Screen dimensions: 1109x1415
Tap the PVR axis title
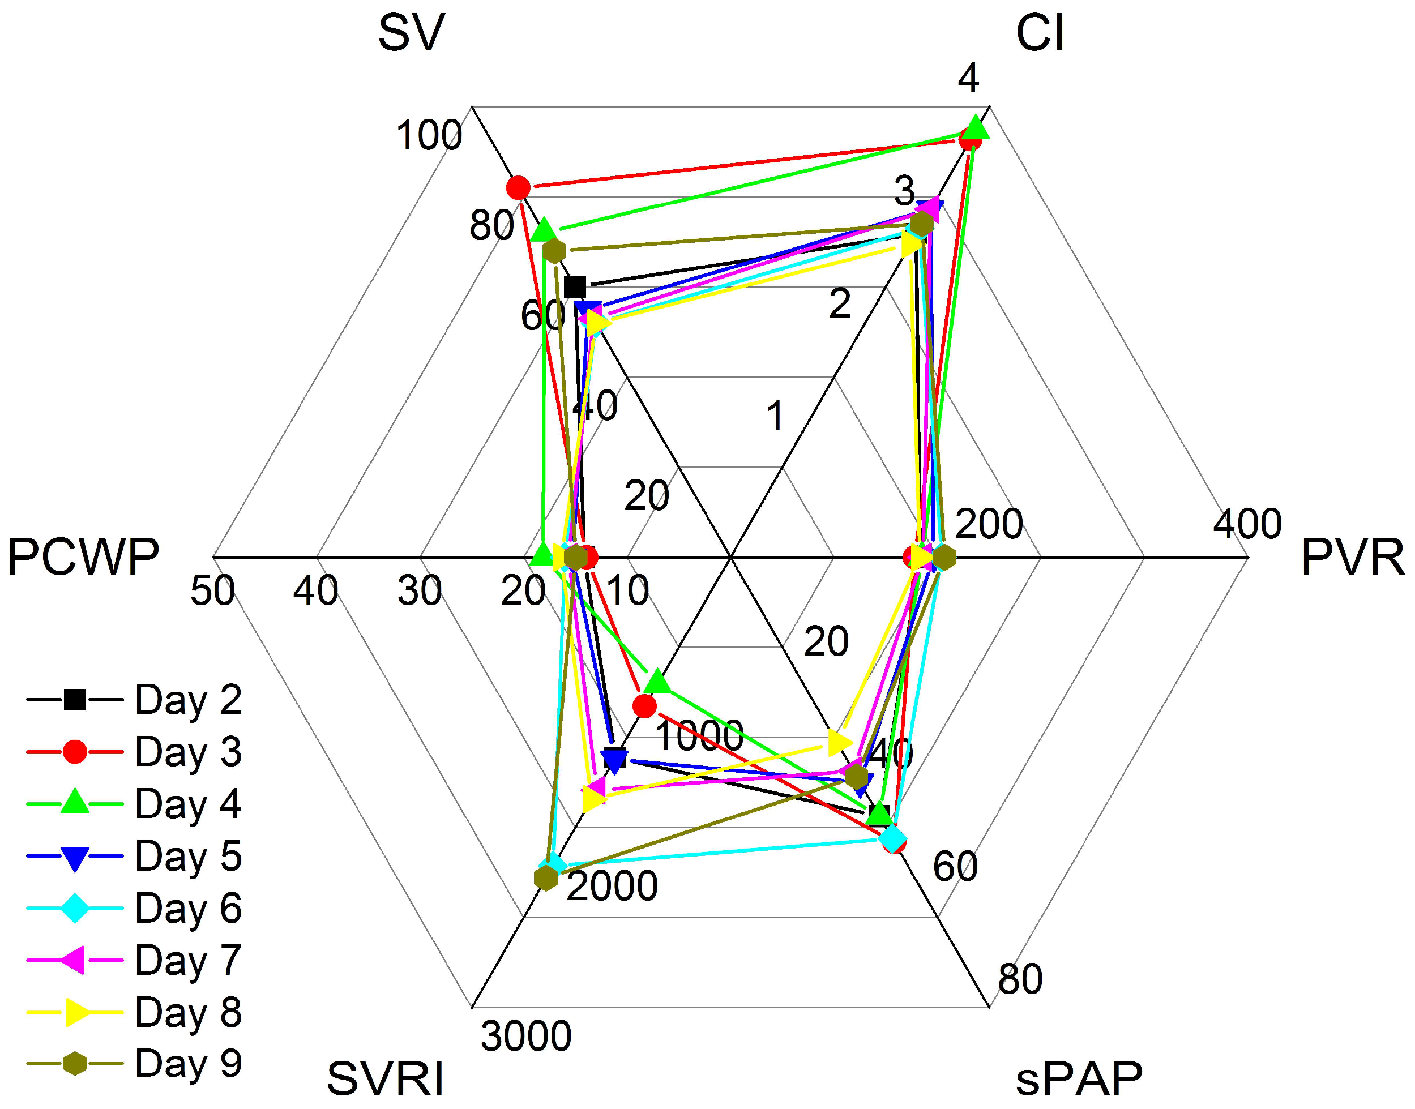tap(1353, 558)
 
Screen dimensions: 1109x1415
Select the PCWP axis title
tap(83, 558)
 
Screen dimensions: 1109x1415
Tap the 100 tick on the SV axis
tap(429, 136)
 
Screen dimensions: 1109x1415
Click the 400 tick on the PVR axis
tap(1247, 524)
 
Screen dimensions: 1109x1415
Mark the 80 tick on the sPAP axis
tap(1020, 979)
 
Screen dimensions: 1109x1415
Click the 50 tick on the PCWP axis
tap(212, 592)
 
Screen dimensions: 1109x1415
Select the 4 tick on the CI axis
tap(968, 79)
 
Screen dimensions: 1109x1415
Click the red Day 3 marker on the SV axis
tap(518, 189)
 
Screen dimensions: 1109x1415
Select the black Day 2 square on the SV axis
tap(575, 286)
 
